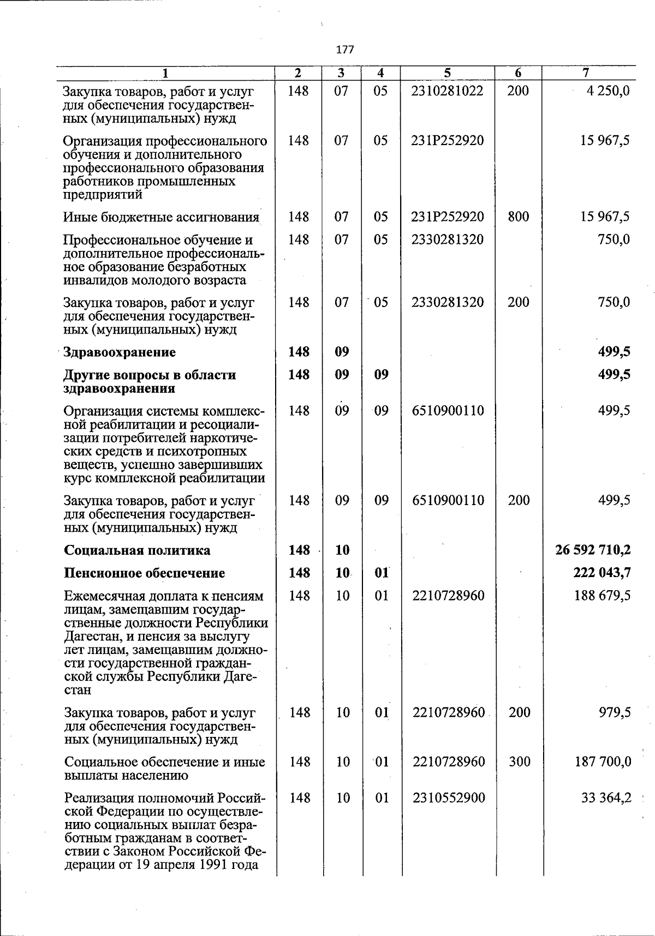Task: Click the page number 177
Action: point(345,50)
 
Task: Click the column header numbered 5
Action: point(447,73)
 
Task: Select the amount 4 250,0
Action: point(608,91)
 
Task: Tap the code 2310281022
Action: point(447,91)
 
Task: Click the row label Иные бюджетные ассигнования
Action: point(161,217)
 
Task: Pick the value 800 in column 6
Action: point(518,217)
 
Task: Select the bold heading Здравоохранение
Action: point(120,352)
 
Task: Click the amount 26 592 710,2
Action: point(593,550)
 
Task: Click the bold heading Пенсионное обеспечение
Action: point(145,573)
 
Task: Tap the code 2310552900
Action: point(449,798)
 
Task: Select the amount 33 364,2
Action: point(606,798)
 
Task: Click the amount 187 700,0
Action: point(603,761)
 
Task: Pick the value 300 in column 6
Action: point(519,761)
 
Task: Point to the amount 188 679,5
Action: point(602,596)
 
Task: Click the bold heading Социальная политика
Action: point(137,550)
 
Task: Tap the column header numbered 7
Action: point(586,73)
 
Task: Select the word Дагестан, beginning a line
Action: point(91,636)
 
